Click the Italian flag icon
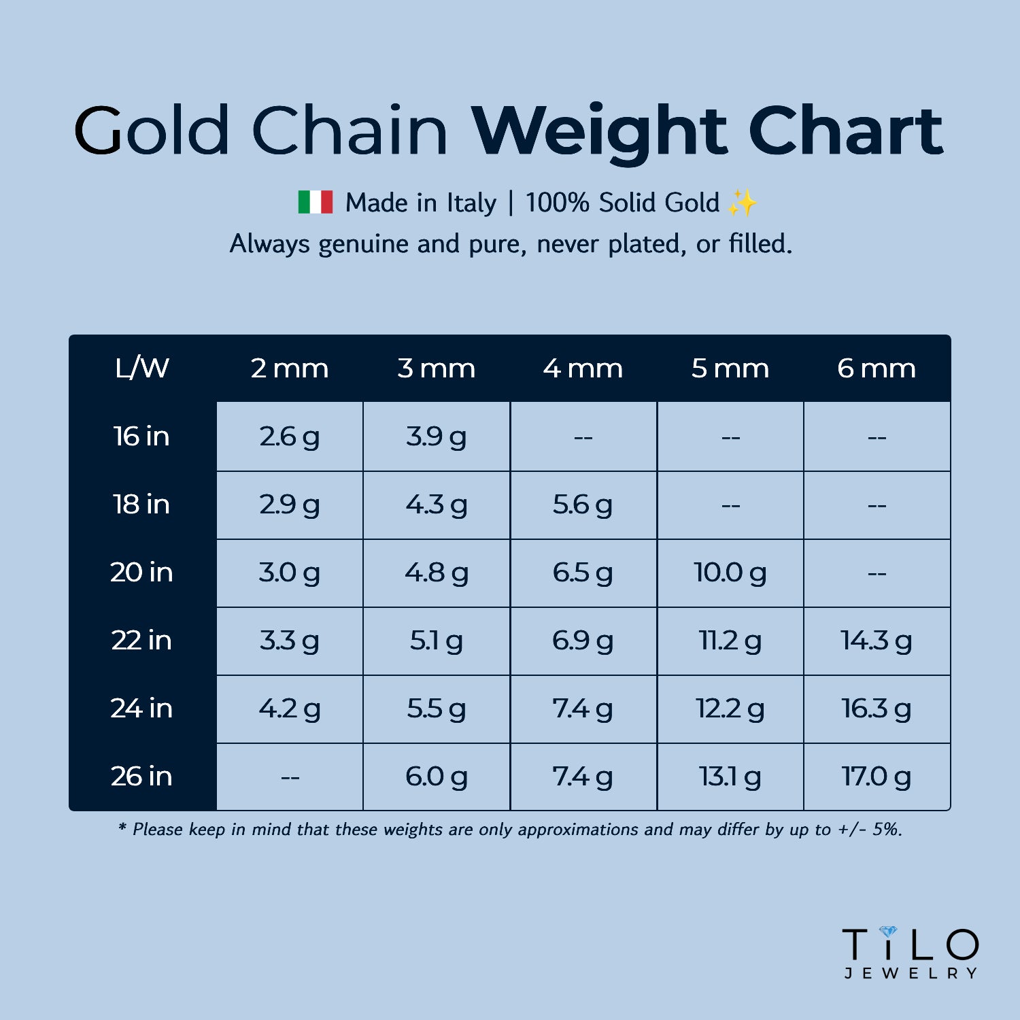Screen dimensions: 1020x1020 click(316, 202)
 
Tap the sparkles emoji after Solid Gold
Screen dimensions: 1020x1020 click(742, 203)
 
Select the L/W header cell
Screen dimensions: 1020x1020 click(142, 368)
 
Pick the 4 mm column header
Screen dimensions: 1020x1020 click(583, 368)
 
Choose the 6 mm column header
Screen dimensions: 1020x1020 click(877, 368)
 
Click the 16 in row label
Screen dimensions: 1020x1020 click(141, 436)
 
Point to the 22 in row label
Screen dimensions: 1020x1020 click(141, 640)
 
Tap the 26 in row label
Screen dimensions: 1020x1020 click(141, 776)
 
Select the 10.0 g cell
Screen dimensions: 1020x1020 click(730, 573)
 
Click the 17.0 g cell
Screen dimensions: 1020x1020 click(877, 777)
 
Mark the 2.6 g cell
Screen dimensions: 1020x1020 click(289, 437)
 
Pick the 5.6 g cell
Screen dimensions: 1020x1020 click(583, 505)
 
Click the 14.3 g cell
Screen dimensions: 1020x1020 click(877, 641)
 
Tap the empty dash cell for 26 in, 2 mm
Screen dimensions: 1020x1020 click(290, 777)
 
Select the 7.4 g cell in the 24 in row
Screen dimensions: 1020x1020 click(583, 709)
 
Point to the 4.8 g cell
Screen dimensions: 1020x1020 click(437, 573)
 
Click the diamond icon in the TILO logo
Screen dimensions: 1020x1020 click(888, 931)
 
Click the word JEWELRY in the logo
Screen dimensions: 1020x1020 click(911, 973)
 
